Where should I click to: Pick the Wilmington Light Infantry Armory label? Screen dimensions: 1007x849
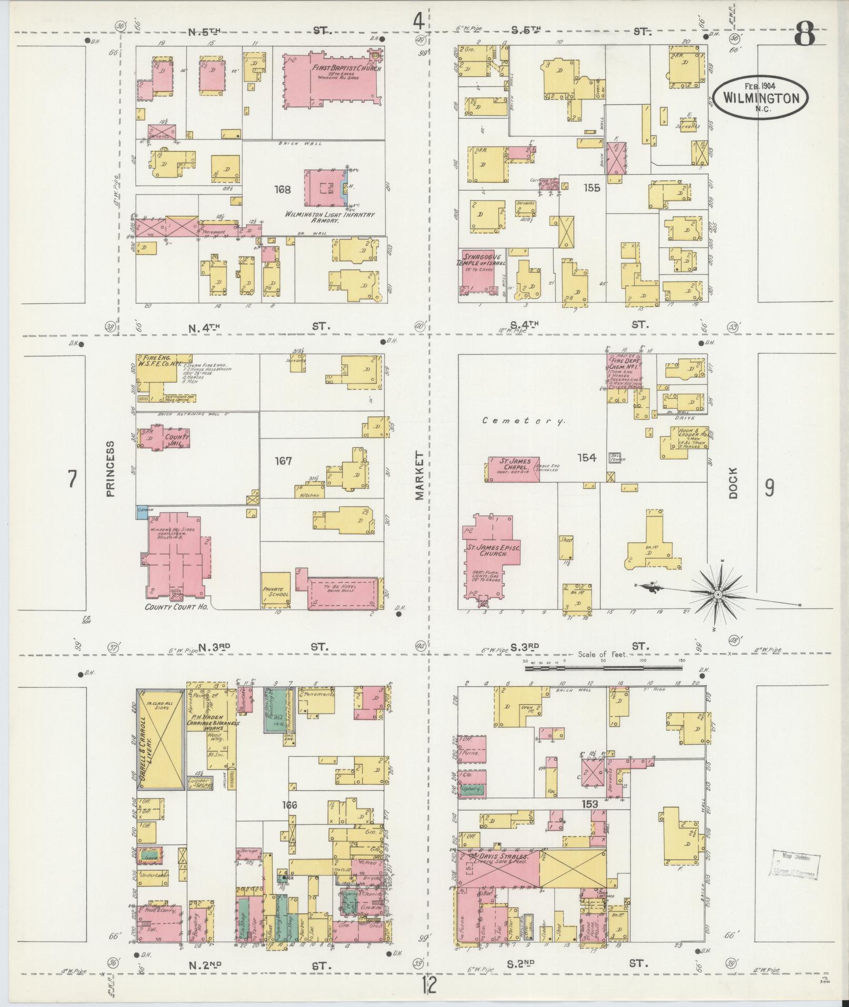329,218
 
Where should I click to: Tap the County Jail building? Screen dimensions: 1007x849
167,437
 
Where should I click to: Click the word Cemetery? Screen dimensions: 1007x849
524,421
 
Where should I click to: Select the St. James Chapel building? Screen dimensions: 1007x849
512,468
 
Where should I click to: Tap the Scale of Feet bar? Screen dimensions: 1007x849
602,668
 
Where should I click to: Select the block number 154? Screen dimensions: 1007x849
586,458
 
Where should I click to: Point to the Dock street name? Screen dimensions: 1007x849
734,483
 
